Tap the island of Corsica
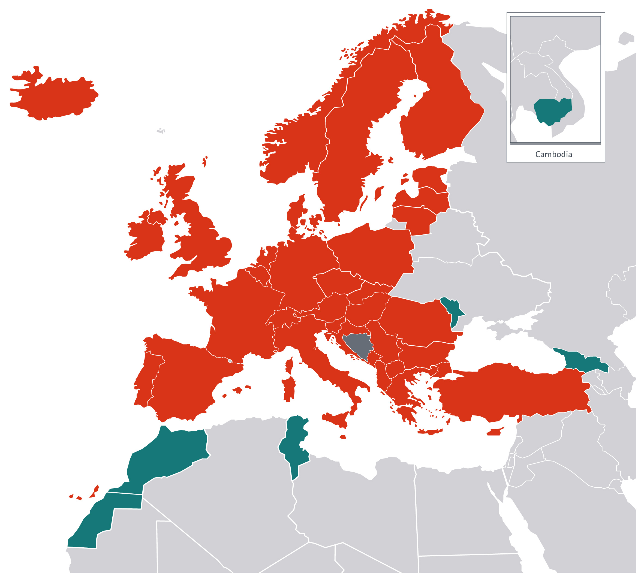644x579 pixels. pyautogui.click(x=290, y=366)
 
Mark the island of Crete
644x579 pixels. pyautogui.click(x=429, y=432)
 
